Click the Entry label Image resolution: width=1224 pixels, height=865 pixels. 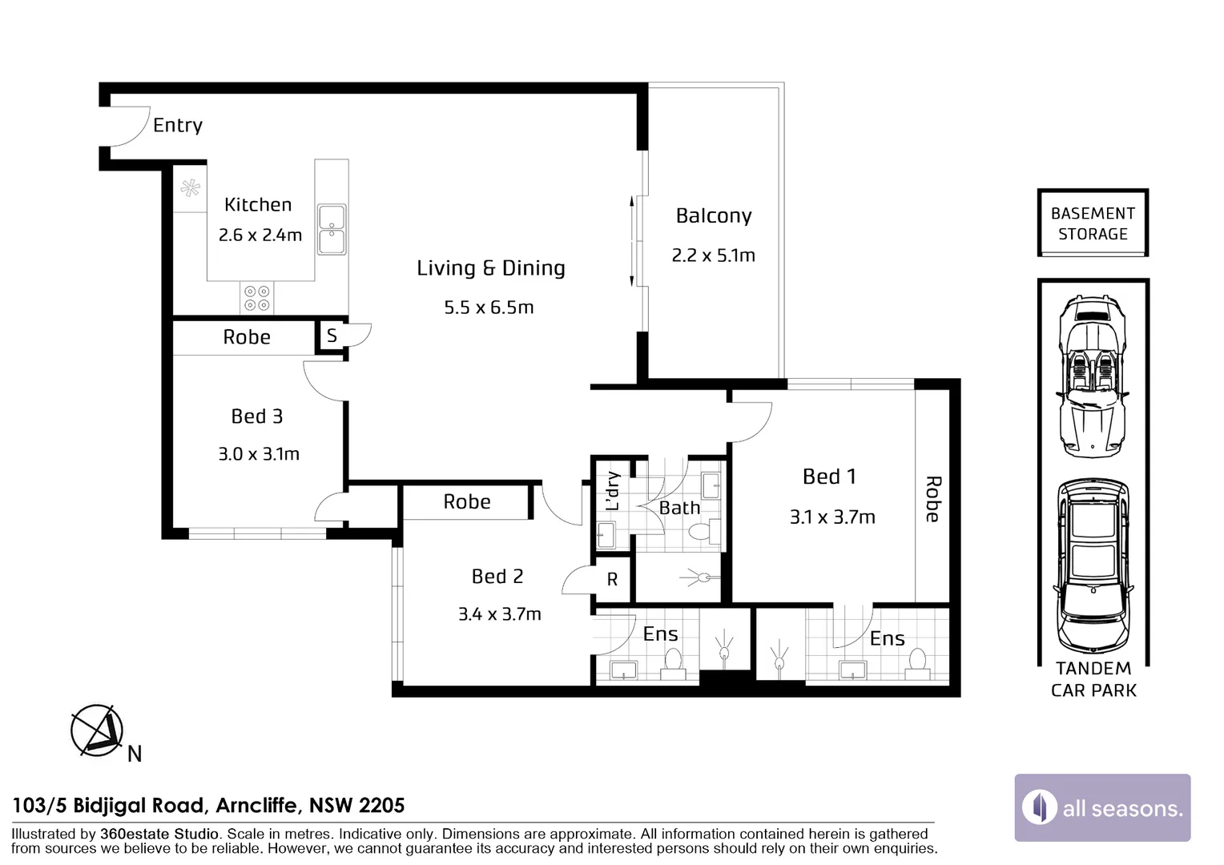[177, 125]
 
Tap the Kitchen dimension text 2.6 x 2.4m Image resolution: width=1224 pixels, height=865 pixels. [260, 235]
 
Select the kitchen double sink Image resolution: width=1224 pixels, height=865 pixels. [332, 229]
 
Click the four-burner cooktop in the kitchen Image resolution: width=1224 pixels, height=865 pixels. [257, 298]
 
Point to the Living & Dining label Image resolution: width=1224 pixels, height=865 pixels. [490, 268]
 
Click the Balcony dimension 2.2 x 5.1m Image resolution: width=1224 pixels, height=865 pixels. [713, 255]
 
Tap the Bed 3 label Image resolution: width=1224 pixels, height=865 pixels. [256, 416]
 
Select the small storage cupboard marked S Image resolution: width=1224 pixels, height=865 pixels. [332, 336]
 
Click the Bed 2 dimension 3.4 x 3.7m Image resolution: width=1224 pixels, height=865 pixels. [499, 614]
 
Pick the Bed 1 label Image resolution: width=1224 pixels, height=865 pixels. [829, 477]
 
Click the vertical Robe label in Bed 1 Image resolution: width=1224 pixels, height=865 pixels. [932, 499]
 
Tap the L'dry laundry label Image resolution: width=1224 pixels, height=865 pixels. [613, 490]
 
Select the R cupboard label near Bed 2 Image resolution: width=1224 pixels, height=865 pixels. [612, 580]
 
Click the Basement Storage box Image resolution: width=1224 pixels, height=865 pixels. [1093, 223]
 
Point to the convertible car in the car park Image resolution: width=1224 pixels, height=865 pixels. [1093, 376]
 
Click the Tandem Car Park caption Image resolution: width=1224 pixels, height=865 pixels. [1093, 679]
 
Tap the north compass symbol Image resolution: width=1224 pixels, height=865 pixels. [98, 731]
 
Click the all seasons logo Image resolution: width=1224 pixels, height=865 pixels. [1102, 807]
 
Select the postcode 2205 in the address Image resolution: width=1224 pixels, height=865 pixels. [380, 805]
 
